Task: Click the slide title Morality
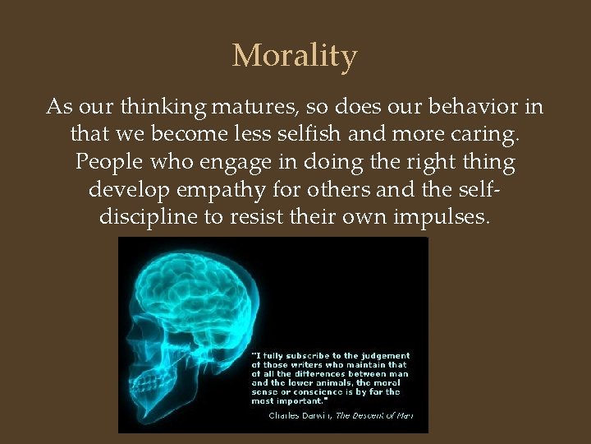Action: [295, 57]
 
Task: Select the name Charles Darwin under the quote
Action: [300, 416]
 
